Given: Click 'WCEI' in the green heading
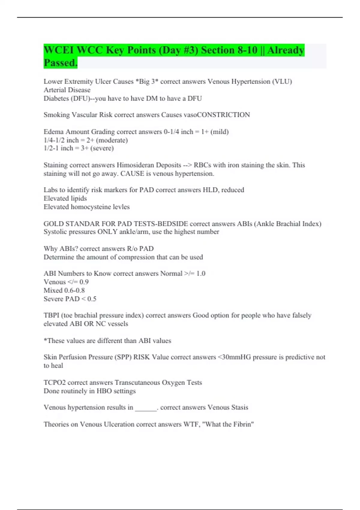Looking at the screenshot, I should pos(58,50).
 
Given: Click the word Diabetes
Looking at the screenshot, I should pos(56,98).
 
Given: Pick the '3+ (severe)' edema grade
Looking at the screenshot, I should pos(97,148).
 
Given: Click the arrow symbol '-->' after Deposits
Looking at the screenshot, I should pos(187,165).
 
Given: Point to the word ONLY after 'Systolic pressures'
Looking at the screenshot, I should pos(107,232).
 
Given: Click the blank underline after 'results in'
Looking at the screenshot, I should pos(146,408).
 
